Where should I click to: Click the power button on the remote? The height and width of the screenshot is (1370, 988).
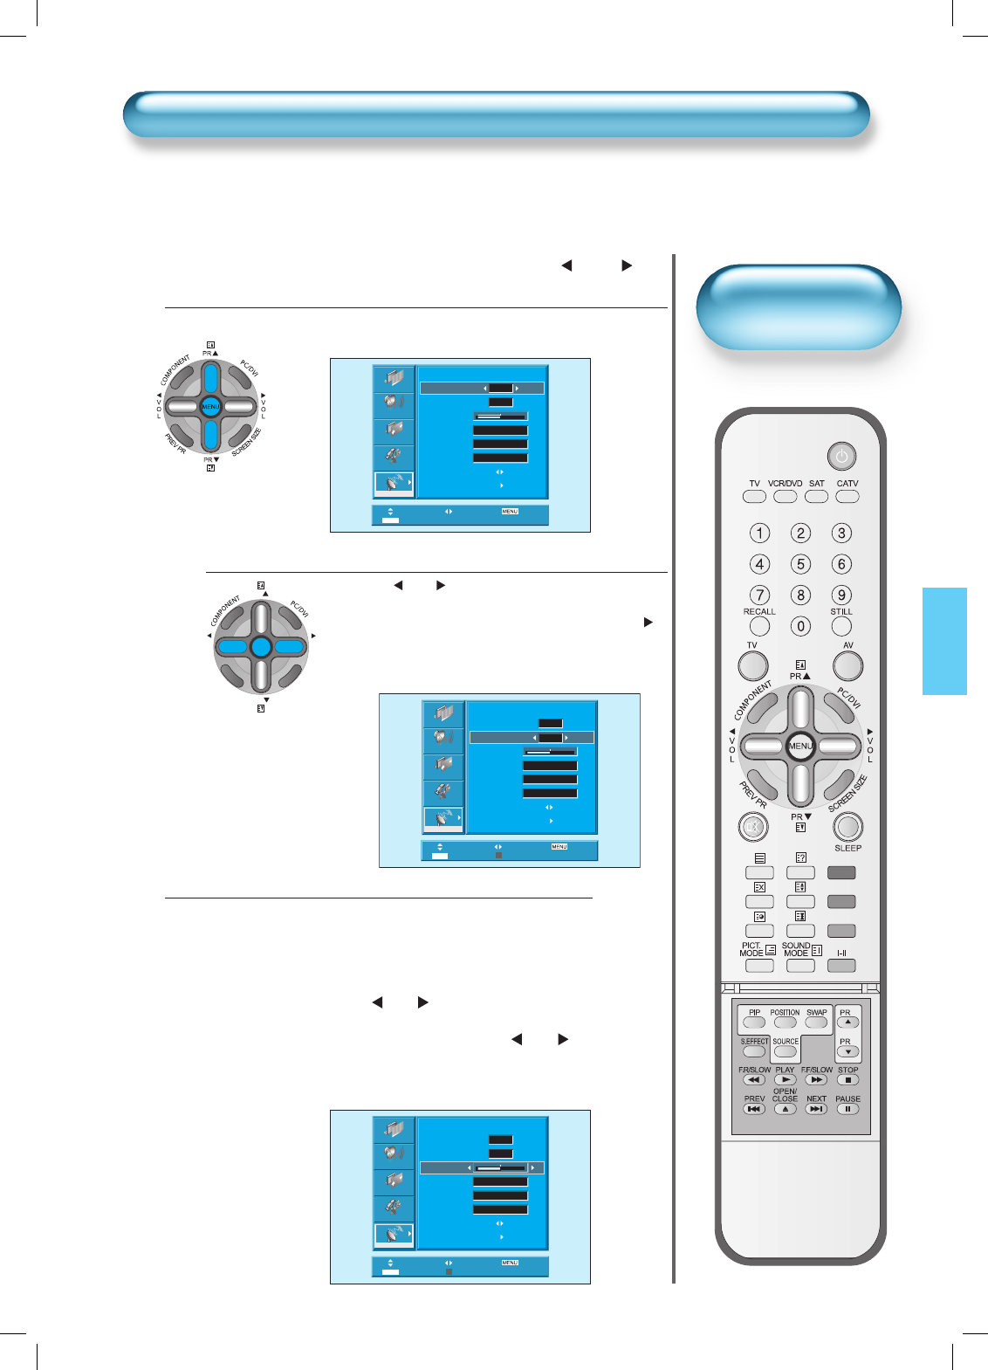click(x=841, y=456)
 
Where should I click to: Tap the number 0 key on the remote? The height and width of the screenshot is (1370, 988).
click(x=800, y=626)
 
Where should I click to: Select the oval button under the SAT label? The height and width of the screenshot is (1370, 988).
click(x=816, y=496)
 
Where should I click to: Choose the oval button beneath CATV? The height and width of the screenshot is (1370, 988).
click(x=847, y=496)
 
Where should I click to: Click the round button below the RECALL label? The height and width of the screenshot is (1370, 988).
click(x=759, y=626)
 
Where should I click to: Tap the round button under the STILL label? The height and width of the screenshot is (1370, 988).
click(x=841, y=626)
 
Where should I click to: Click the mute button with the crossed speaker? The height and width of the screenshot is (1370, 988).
click(x=752, y=826)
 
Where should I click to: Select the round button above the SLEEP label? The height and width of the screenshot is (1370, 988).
click(x=847, y=826)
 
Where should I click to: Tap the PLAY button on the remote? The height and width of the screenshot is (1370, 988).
click(x=785, y=1080)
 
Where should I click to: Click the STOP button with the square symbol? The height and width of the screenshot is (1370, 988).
click(x=847, y=1080)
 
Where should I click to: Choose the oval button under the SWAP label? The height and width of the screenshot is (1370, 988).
click(x=816, y=1022)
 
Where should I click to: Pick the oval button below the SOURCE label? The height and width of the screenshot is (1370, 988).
click(x=785, y=1052)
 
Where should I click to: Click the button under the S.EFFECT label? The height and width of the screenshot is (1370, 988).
click(x=754, y=1052)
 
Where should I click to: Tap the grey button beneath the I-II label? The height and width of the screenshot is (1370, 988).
click(x=841, y=966)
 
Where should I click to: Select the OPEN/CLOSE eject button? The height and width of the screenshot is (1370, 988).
click(x=785, y=1109)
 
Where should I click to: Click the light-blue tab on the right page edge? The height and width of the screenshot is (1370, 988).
click(x=944, y=641)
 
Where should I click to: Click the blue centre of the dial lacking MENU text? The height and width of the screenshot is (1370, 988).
click(x=261, y=647)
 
